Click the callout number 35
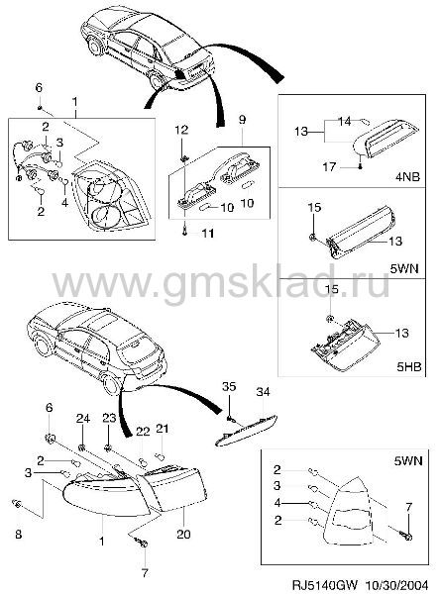(229, 387)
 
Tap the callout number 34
(264, 392)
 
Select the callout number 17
(329, 166)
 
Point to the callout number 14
(345, 122)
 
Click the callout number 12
(181, 130)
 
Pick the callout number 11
(207, 233)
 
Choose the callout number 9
(242, 120)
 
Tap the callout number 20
(183, 535)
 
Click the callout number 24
(83, 418)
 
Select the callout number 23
(109, 418)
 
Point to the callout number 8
(18, 535)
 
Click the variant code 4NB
(407, 177)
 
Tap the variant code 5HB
(408, 366)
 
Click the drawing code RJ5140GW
(324, 584)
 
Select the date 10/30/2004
(397, 584)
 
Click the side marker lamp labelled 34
(247, 430)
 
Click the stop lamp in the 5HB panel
(345, 345)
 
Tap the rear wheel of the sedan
(157, 81)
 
